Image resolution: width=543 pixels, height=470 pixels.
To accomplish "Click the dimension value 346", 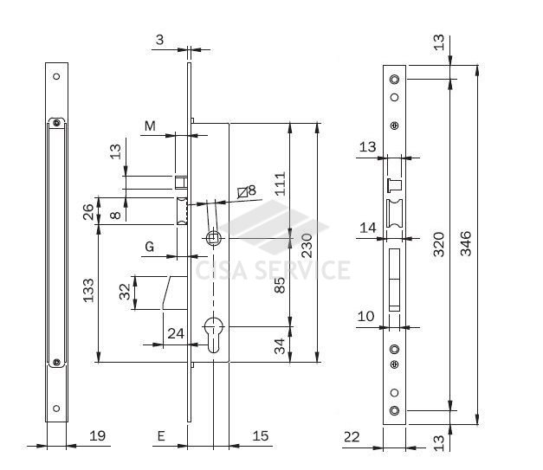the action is [466, 243].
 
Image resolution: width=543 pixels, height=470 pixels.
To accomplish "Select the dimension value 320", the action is [439, 244].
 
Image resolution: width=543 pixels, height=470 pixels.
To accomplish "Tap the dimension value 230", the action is [307, 246].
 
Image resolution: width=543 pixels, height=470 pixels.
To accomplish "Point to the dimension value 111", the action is [280, 183].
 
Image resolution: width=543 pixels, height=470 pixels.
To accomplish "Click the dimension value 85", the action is [280, 285].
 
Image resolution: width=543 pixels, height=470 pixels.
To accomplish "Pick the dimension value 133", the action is [88, 290].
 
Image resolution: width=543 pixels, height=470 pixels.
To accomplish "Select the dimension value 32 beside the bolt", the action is [125, 292].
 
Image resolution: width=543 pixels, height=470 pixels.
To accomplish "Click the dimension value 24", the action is [176, 333].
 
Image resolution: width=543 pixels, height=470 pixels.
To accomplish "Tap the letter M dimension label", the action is [150, 126].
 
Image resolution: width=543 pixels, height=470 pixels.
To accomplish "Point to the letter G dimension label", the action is [150, 247].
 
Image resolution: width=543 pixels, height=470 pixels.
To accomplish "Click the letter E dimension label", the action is [161, 436].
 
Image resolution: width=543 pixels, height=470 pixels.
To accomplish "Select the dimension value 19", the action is [97, 435].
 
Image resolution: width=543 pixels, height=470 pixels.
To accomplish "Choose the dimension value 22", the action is [352, 437].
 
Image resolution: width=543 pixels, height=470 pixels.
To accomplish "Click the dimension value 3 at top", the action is [159, 40].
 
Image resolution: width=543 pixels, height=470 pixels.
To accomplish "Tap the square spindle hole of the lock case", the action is [212, 238].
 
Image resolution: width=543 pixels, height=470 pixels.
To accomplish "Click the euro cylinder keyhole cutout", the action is [215, 335].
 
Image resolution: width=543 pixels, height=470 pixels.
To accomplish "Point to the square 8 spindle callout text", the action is [247, 191].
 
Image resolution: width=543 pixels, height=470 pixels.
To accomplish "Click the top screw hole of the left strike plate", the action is [56, 76].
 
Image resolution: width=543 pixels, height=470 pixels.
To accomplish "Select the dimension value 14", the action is [368, 228].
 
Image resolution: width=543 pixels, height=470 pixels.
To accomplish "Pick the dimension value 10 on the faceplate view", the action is [365, 316].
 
